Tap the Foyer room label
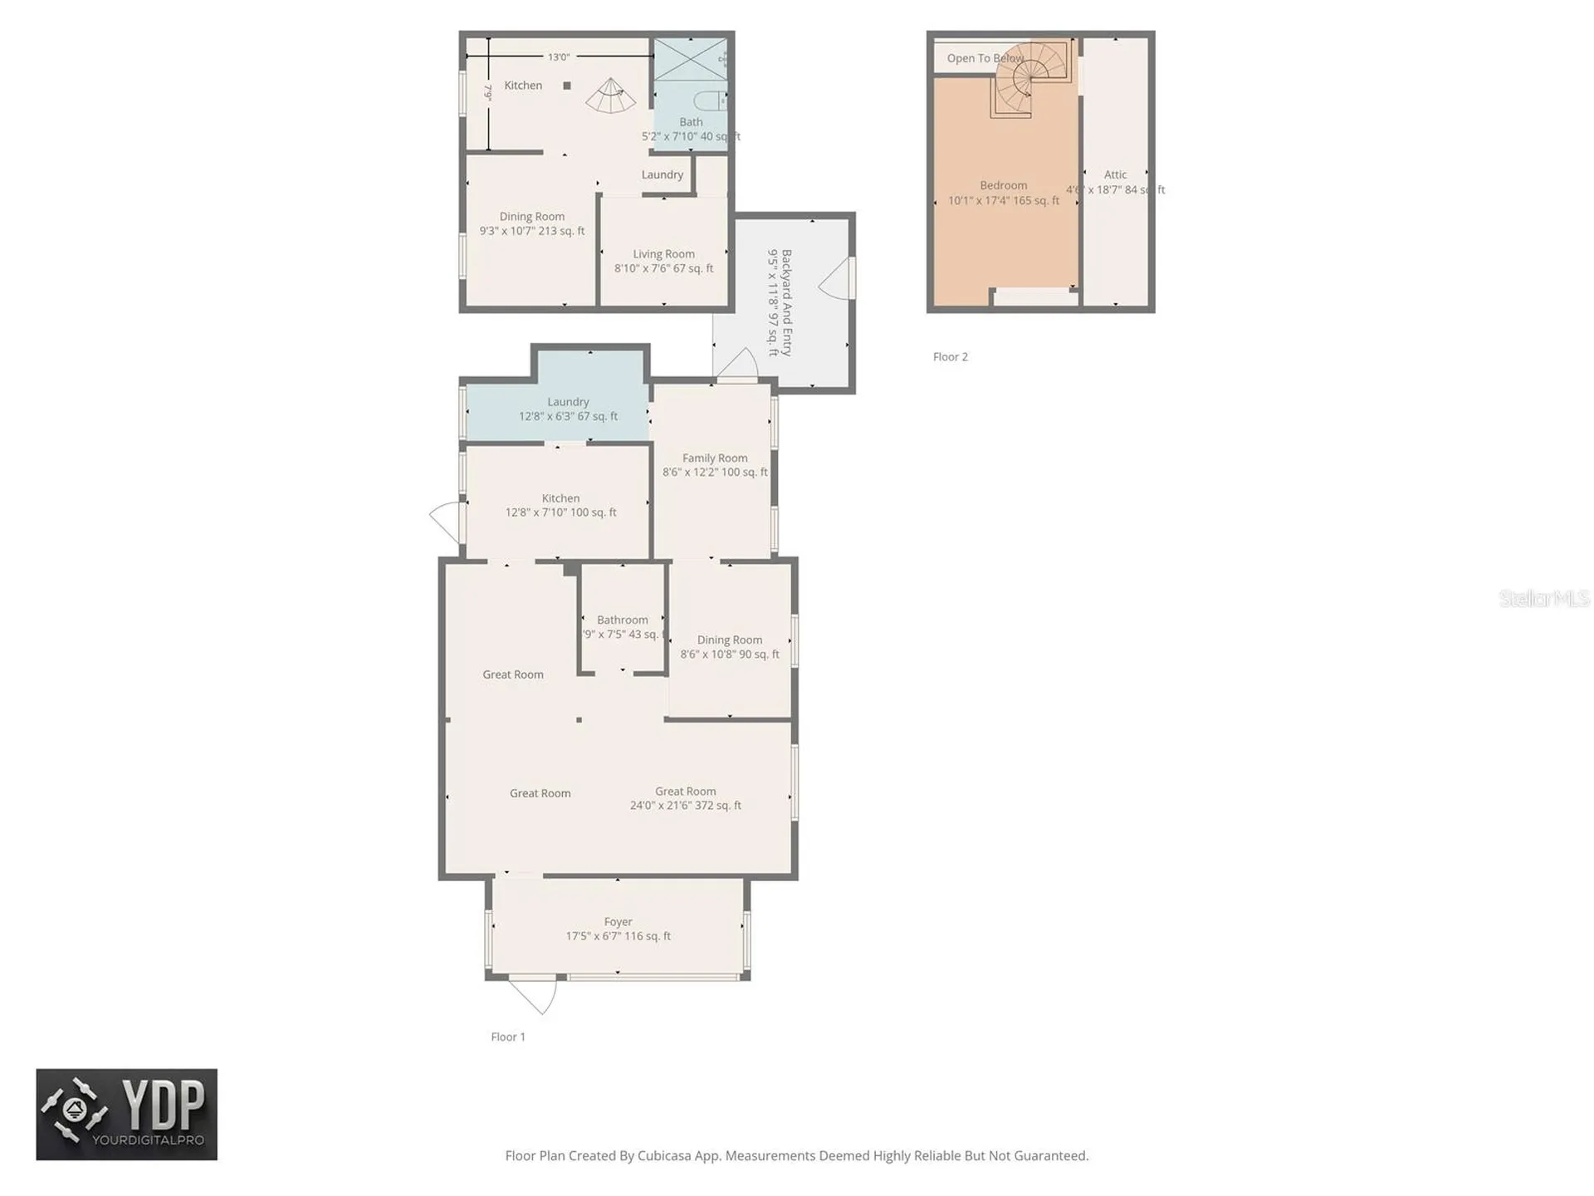[x=618, y=922]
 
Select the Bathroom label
[x=622, y=620]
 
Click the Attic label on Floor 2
[x=1115, y=175]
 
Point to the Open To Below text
[x=985, y=58]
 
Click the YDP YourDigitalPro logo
[x=126, y=1115]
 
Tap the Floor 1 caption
[x=507, y=1037]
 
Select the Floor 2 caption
[x=950, y=357]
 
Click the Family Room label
[x=714, y=458]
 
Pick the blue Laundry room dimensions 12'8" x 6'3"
[x=568, y=417]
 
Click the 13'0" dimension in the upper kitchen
[x=558, y=57]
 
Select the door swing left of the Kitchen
[x=445, y=521]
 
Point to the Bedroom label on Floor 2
[x=1003, y=186]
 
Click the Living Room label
[x=663, y=255]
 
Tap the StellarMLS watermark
[x=1543, y=598]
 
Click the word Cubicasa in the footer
[x=664, y=1156]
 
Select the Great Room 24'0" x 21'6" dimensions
[x=685, y=806]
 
